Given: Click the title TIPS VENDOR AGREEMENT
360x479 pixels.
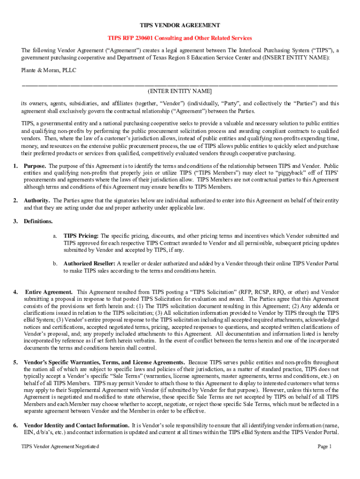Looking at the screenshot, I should (x=180, y=25).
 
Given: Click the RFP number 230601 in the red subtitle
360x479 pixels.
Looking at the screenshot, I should (x=140, y=38).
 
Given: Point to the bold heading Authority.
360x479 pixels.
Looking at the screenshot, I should (x=37, y=201).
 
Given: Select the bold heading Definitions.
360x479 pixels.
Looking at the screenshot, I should (x=38, y=221).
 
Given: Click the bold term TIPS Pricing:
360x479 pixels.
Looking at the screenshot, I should (x=81, y=236).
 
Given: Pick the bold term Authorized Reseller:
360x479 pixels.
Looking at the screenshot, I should (x=89, y=264).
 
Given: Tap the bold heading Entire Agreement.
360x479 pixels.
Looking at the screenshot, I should (x=49, y=292).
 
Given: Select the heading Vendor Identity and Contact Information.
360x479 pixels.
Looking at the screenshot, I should (x=77, y=425).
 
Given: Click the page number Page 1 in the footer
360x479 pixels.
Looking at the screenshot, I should (x=324, y=447).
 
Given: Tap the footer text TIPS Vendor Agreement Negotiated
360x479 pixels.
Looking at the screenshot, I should (x=60, y=447).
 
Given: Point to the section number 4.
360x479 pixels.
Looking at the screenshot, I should (x=15, y=292).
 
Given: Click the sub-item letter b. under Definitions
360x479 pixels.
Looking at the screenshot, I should (x=55, y=264).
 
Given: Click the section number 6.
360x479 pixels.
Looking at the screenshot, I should (x=15, y=425).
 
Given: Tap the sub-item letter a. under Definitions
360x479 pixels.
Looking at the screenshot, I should (x=55, y=236).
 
